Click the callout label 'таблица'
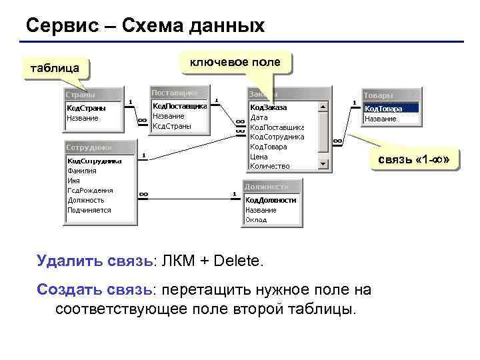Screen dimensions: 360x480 (50, 68)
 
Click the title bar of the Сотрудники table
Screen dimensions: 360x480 (100, 147)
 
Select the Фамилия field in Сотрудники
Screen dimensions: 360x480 (82, 170)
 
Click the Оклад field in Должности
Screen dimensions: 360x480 (256, 219)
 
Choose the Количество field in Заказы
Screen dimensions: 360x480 (269, 165)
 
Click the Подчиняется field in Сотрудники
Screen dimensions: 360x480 (89, 210)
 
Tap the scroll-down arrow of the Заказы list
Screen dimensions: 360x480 (323, 164)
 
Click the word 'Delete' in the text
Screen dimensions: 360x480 (237, 261)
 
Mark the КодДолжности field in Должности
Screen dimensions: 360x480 (271, 199)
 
